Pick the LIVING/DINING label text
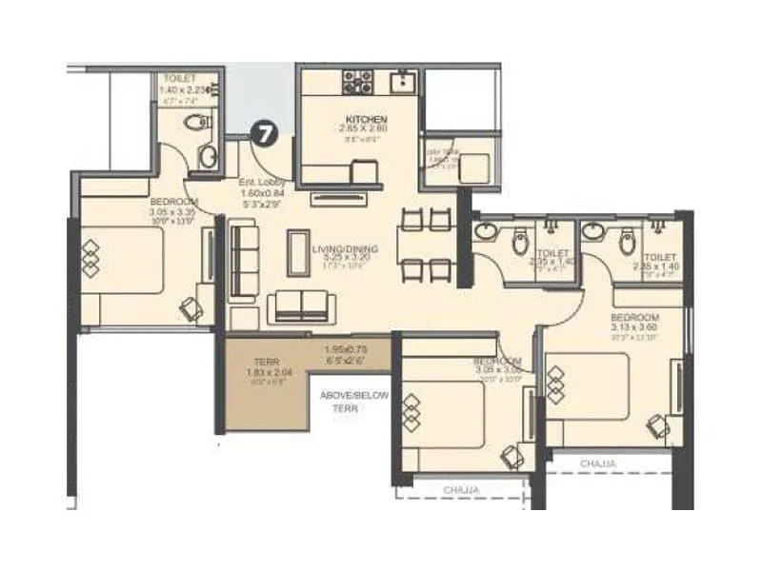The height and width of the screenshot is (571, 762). (345, 249)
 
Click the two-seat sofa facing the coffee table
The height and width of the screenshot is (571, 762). (303, 305)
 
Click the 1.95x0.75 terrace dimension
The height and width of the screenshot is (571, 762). (344, 348)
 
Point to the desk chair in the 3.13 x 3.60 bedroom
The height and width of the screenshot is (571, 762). (657, 423)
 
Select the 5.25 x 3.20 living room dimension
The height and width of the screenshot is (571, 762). (345, 259)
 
